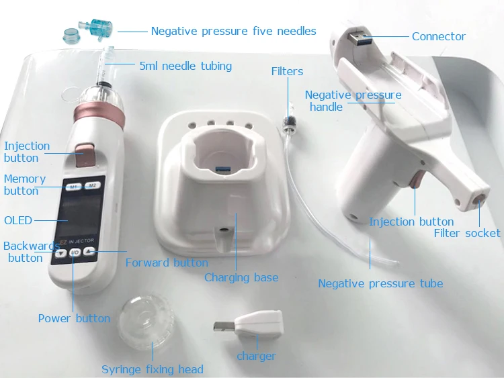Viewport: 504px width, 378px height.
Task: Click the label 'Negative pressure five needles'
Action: point(233,31)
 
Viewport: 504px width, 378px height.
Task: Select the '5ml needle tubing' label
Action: point(185,66)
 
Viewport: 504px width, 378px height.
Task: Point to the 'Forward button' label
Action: point(167,263)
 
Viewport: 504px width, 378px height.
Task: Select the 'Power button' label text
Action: point(74,318)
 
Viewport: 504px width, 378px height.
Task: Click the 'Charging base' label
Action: point(241,277)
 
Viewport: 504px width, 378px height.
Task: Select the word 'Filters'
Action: point(287,71)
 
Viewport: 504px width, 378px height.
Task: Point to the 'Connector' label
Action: point(438,36)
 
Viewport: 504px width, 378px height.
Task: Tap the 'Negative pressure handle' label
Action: point(353,101)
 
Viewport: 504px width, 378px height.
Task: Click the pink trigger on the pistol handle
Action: point(416,181)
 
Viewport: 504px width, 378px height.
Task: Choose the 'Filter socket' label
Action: point(467,233)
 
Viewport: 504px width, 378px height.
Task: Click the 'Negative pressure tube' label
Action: point(380,283)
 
